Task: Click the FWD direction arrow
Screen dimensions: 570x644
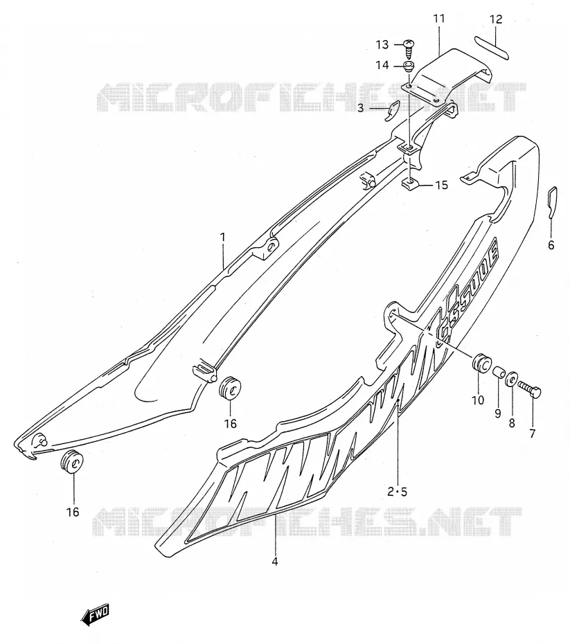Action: pos(96,614)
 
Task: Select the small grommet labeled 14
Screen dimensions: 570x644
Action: pos(409,66)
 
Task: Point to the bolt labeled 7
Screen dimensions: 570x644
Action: pos(529,388)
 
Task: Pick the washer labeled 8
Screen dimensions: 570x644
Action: pos(511,378)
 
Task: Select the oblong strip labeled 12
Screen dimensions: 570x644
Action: pos(492,47)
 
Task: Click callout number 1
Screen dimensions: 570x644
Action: pos(222,237)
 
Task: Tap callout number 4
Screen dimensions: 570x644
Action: pos(275,561)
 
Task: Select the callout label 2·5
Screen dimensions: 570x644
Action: pos(397,491)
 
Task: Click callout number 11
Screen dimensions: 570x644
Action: pos(439,19)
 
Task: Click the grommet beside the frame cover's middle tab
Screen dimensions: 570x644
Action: pos(229,387)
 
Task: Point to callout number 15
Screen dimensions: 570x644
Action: pos(441,185)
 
